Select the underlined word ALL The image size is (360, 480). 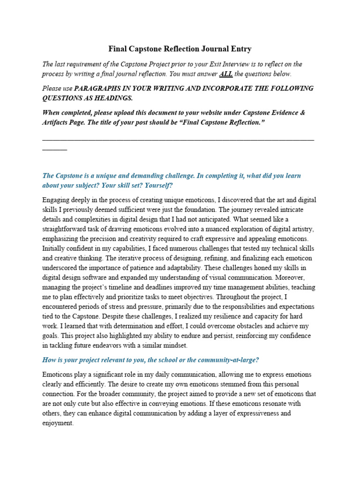pos(225,74)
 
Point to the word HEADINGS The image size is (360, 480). pos(112,98)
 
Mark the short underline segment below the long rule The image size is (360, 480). pos(54,149)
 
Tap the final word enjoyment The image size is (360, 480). pos(57,423)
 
